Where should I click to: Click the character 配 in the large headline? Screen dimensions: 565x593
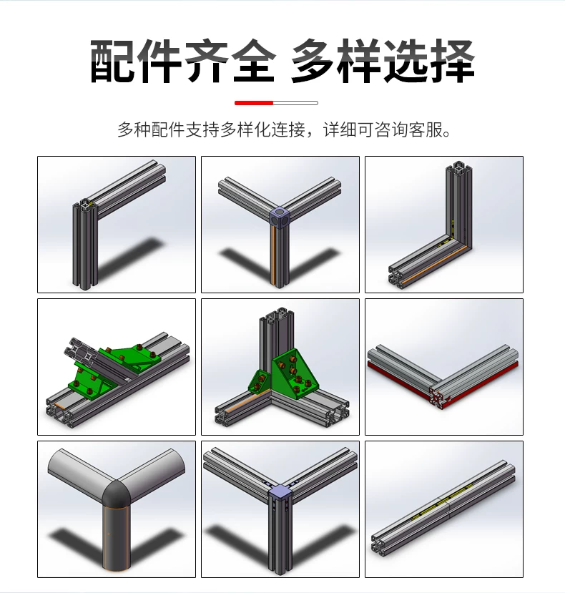pos(113,61)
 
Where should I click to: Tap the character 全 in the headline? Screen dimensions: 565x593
pos(252,61)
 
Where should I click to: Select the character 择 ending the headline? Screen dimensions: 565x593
pos(451,61)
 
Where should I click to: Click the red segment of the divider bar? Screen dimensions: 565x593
pos(254,103)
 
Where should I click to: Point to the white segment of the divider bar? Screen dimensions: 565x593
pos(295,103)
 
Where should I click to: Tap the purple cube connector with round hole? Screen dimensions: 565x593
pos(280,215)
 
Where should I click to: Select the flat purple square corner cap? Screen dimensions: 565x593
pos(280,491)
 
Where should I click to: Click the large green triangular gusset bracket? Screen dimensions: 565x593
pos(293,373)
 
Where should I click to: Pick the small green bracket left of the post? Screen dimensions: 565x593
pos(260,381)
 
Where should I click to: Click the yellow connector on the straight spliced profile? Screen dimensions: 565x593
pos(443,502)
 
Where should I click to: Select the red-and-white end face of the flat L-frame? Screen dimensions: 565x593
pos(438,398)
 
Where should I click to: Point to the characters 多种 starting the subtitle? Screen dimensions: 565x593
pos(134,129)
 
